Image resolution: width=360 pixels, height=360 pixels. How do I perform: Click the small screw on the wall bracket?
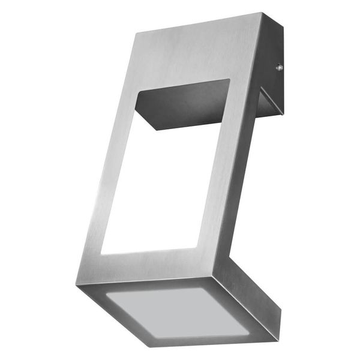tap(278, 68)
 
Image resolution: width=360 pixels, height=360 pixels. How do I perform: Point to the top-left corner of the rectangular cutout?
tap(140, 91)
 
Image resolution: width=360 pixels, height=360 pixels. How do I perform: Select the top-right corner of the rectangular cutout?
tap(230, 79)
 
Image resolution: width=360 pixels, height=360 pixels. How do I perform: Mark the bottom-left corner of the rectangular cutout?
tap(100, 254)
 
